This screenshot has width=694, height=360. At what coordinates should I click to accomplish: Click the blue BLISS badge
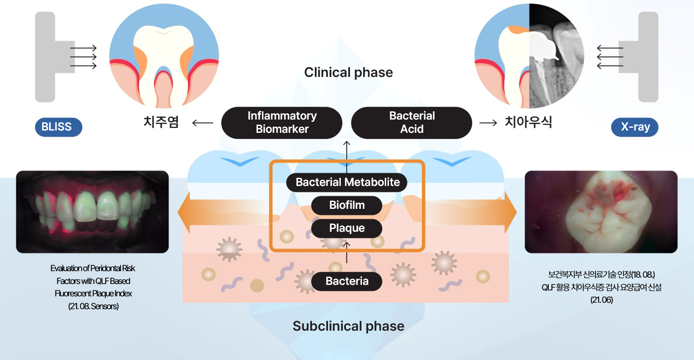click(x=58, y=127)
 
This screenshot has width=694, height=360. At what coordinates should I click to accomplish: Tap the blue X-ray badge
click(x=634, y=127)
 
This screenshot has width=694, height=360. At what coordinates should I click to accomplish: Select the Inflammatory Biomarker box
click(x=282, y=123)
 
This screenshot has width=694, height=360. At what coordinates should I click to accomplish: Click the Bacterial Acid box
click(x=411, y=123)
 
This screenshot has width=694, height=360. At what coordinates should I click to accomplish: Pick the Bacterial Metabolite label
click(x=347, y=182)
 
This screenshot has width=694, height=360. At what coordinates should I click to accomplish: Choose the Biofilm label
click(x=347, y=205)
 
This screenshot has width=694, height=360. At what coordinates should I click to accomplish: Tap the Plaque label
click(x=347, y=228)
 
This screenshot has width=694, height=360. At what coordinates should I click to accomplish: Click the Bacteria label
click(x=347, y=281)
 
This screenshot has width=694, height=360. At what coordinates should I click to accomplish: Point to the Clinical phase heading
click(x=348, y=72)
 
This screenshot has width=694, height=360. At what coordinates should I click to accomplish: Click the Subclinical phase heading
click(x=348, y=326)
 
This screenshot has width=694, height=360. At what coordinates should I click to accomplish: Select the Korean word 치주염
click(x=161, y=122)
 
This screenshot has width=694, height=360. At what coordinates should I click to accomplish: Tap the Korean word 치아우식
click(x=528, y=122)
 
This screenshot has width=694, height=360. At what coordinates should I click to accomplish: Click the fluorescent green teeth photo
click(x=93, y=212)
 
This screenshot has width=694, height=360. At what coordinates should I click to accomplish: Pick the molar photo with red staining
click(x=601, y=212)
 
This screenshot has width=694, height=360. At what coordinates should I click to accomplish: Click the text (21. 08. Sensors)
click(x=93, y=306)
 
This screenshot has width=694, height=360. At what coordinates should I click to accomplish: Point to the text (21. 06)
click(x=601, y=300)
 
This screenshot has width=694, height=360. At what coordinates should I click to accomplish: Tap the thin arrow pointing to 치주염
click(x=202, y=123)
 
